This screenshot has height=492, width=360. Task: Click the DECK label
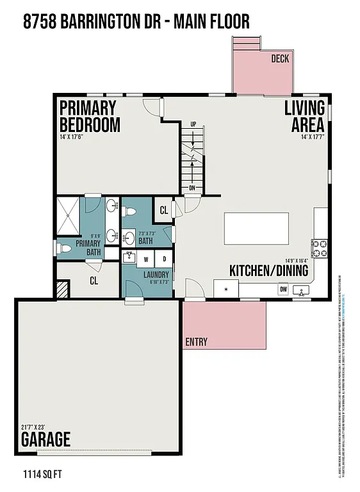pyautogui.click(x=280, y=59)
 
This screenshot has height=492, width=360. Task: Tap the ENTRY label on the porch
pyautogui.click(x=196, y=341)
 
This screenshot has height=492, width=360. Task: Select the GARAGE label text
pyautogui.click(x=45, y=440)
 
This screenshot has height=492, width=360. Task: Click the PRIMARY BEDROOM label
pyautogui.click(x=89, y=116)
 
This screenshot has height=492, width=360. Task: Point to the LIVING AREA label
pyautogui.click(x=304, y=116)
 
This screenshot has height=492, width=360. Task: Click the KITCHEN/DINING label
pyautogui.click(x=268, y=271)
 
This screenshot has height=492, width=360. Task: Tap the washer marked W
pyautogui.click(x=146, y=259)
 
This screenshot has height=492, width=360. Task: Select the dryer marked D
pyautogui.click(x=163, y=259)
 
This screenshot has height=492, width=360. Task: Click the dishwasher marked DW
pyautogui.click(x=282, y=290)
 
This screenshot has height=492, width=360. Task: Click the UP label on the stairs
pyautogui.click(x=193, y=124)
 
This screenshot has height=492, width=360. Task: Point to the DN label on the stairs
pyautogui.click(x=192, y=188)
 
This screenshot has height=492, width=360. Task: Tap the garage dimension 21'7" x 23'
pyautogui.click(x=33, y=427)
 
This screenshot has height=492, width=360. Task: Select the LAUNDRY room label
pyautogui.click(x=156, y=275)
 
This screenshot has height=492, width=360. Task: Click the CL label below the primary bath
pyautogui.click(x=94, y=280)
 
